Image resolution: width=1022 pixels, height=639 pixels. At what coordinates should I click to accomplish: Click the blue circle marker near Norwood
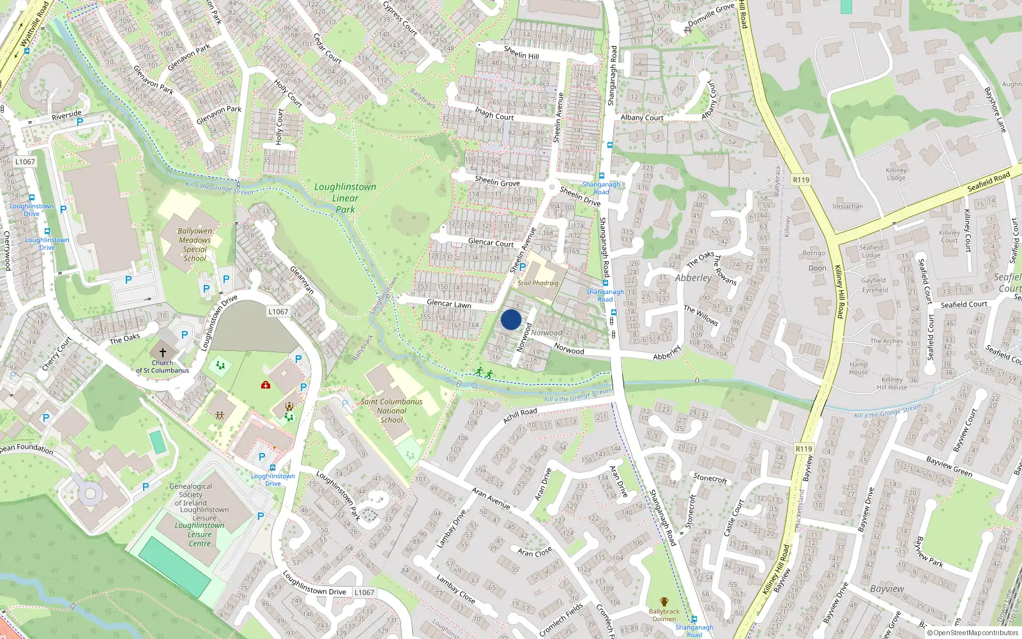tap(511, 320)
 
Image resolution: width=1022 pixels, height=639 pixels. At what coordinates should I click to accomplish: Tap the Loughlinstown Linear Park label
tap(345, 197)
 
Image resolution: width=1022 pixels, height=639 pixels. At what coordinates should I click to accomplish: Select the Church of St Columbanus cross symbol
tap(163, 352)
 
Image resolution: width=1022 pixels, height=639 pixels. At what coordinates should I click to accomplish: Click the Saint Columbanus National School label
tap(392, 411)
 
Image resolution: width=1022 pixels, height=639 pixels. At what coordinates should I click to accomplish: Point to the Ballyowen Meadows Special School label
tap(195, 245)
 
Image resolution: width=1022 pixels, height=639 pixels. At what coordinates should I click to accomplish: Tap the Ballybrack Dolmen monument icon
tap(664, 602)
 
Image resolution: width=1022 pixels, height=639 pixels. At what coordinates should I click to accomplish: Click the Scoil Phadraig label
tap(538, 283)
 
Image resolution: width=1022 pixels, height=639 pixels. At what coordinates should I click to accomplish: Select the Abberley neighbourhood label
tap(693, 278)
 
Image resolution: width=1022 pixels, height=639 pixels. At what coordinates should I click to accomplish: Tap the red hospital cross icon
tap(266, 385)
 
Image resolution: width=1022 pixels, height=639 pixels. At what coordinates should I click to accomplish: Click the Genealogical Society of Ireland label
tap(191, 495)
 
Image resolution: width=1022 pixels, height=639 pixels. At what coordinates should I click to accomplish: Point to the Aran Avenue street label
tap(491, 498)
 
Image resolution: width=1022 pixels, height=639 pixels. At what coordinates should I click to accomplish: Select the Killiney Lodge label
tap(896, 174)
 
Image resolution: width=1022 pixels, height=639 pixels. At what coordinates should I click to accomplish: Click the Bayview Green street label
tap(949, 467)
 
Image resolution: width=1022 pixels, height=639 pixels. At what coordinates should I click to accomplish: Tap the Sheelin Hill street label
tap(521, 52)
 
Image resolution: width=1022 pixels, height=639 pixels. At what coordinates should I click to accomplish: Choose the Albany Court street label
tap(642, 118)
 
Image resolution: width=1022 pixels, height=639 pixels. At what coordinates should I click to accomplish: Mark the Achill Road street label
tap(520, 415)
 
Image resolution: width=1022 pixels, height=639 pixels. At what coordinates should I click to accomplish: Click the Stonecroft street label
tap(710, 478)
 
